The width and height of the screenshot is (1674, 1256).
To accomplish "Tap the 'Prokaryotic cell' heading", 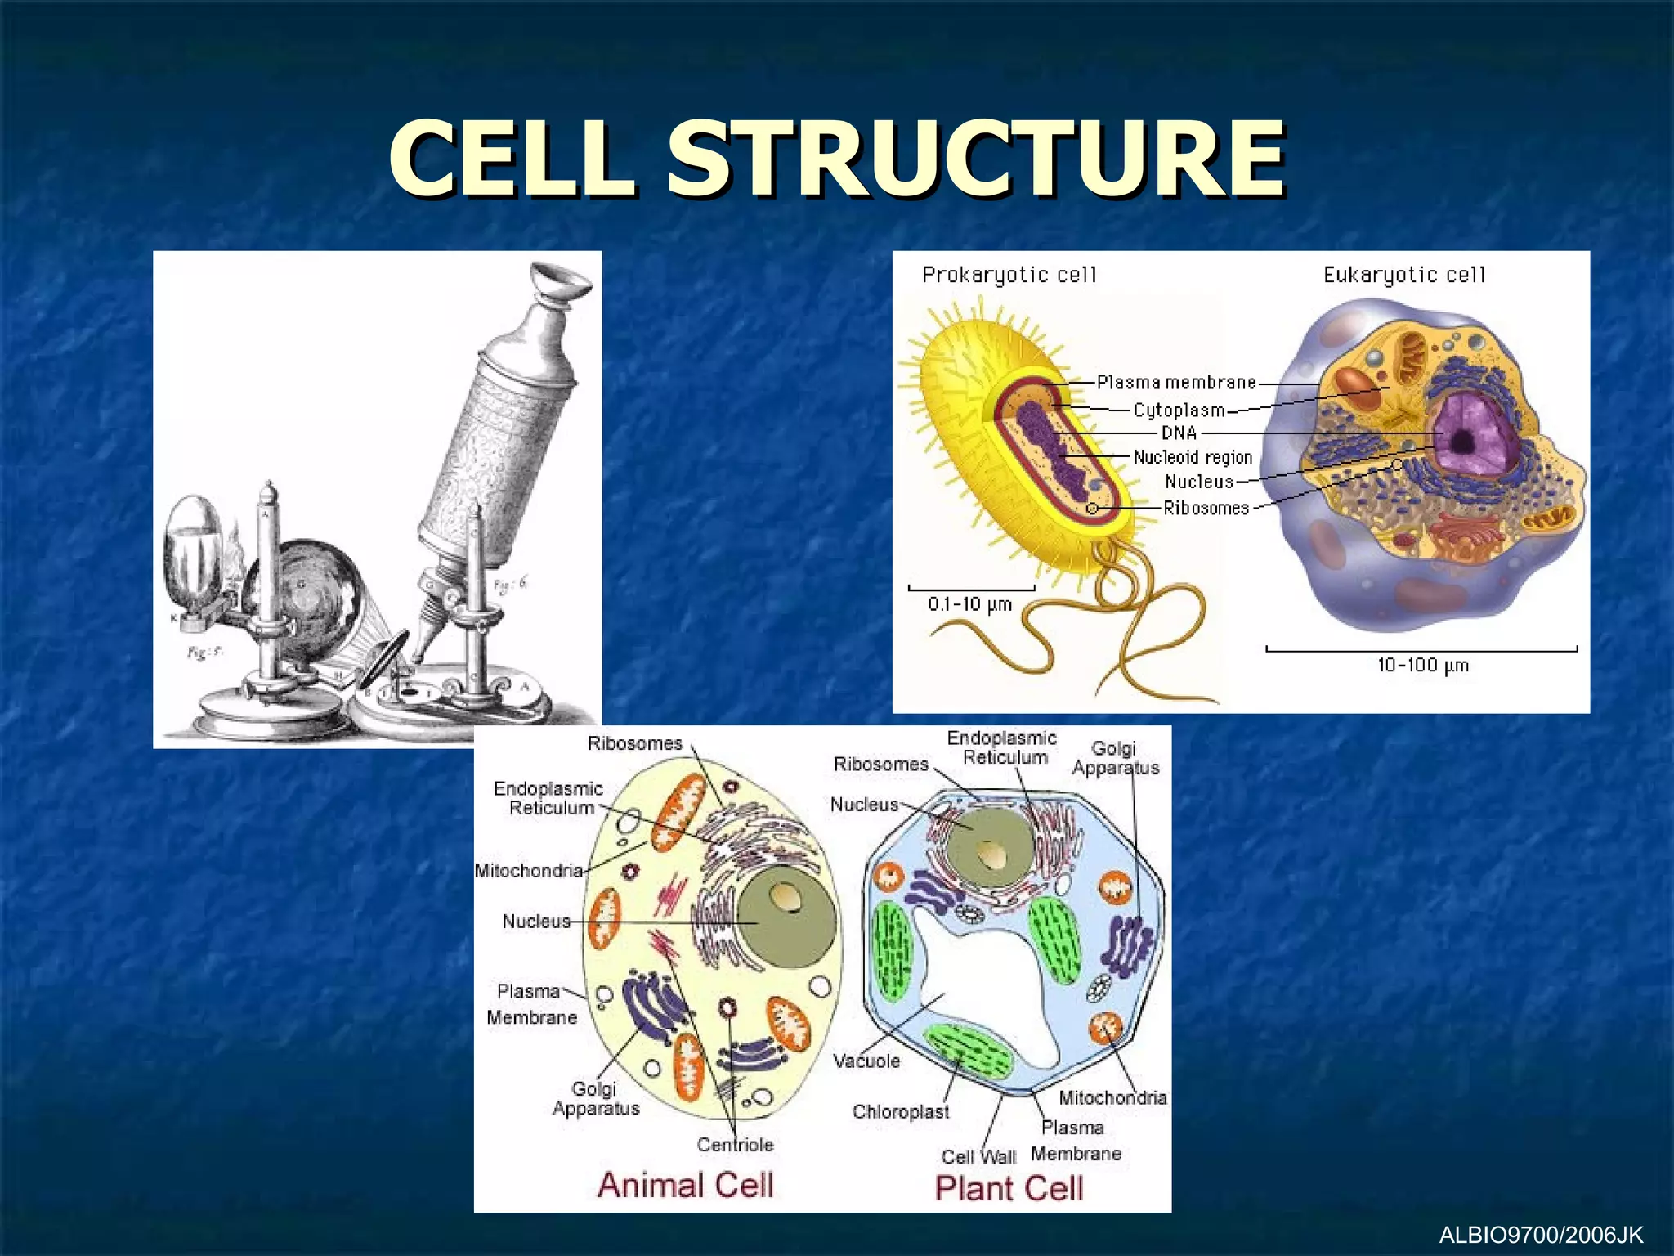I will pyautogui.click(x=1009, y=275).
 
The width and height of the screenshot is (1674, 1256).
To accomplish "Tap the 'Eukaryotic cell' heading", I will pyautogui.click(x=1403, y=275).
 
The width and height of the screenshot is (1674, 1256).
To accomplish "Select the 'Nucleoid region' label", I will pyautogui.click(x=1193, y=457).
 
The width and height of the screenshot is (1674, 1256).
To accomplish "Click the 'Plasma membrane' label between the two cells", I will pyautogui.click(x=1176, y=382).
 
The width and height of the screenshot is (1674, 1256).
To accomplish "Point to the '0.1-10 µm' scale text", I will pyautogui.click(x=969, y=604).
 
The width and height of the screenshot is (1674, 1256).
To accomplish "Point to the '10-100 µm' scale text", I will pyautogui.click(x=1422, y=665).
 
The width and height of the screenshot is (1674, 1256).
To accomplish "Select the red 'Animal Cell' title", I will pyautogui.click(x=685, y=1185).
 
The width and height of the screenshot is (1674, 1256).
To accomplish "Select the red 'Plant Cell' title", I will pyautogui.click(x=1009, y=1188).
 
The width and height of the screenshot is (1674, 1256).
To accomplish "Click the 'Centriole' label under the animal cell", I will pyautogui.click(x=735, y=1145).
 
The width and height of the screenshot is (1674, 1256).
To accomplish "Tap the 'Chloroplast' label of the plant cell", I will pyautogui.click(x=900, y=1112).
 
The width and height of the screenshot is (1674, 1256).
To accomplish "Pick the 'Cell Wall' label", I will pyautogui.click(x=978, y=1157).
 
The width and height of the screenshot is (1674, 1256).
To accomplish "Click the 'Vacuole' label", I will pyautogui.click(x=866, y=1061).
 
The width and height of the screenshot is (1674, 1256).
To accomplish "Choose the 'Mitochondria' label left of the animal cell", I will pyautogui.click(x=529, y=871).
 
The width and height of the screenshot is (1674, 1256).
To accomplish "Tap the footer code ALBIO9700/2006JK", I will pyautogui.click(x=1540, y=1234).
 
